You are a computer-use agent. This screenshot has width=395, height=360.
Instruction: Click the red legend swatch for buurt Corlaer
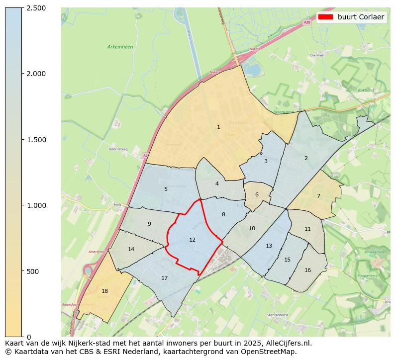tap(326, 17)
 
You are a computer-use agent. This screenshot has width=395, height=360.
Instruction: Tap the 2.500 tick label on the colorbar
tap(36, 8)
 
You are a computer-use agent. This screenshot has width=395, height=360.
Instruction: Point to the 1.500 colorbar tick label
tap(36, 140)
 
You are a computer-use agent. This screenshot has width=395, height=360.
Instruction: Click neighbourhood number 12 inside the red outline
tap(192, 240)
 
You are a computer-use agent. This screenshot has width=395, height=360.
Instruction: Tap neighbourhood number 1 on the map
tap(218, 127)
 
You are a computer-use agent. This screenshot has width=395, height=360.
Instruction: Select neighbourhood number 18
tap(104, 291)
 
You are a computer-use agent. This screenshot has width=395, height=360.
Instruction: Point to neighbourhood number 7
tap(318, 196)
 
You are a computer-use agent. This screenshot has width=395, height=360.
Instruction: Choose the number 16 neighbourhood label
tap(307, 270)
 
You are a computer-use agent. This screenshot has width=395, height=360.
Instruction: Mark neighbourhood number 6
tap(257, 195)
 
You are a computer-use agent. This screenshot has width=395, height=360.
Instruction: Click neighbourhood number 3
tap(266, 161)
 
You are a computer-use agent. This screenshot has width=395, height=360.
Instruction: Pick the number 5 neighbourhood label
tap(166, 189)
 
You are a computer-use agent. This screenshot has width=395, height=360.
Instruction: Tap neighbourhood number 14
tap(131, 250)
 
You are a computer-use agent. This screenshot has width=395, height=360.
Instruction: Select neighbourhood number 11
tap(307, 229)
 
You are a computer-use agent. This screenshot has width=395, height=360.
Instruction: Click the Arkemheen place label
tap(120, 47)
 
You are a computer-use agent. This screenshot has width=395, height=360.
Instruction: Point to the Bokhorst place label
tap(366, 90)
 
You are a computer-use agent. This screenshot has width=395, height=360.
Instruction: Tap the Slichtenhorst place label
tap(278, 315)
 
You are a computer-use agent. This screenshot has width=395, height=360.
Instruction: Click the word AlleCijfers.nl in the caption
tap(288, 343)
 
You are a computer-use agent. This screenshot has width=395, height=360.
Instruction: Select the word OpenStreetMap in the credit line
tap(271, 352)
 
